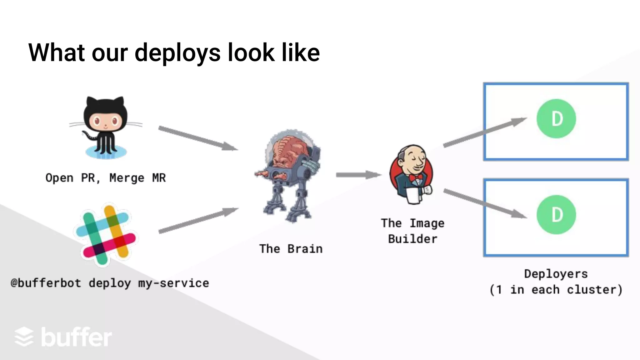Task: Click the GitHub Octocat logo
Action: coord(106,127)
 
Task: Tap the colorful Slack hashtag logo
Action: coord(106,234)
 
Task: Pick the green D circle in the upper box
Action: coord(556,119)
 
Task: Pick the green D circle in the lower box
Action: coord(556,215)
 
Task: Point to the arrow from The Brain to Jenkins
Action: coord(358,175)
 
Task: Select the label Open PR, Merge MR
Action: coord(106,178)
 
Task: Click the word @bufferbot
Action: coord(46,283)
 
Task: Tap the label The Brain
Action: coord(291,249)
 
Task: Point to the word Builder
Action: coord(412,239)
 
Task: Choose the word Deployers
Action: coord(556,274)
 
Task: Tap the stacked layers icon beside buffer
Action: coord(24,337)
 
